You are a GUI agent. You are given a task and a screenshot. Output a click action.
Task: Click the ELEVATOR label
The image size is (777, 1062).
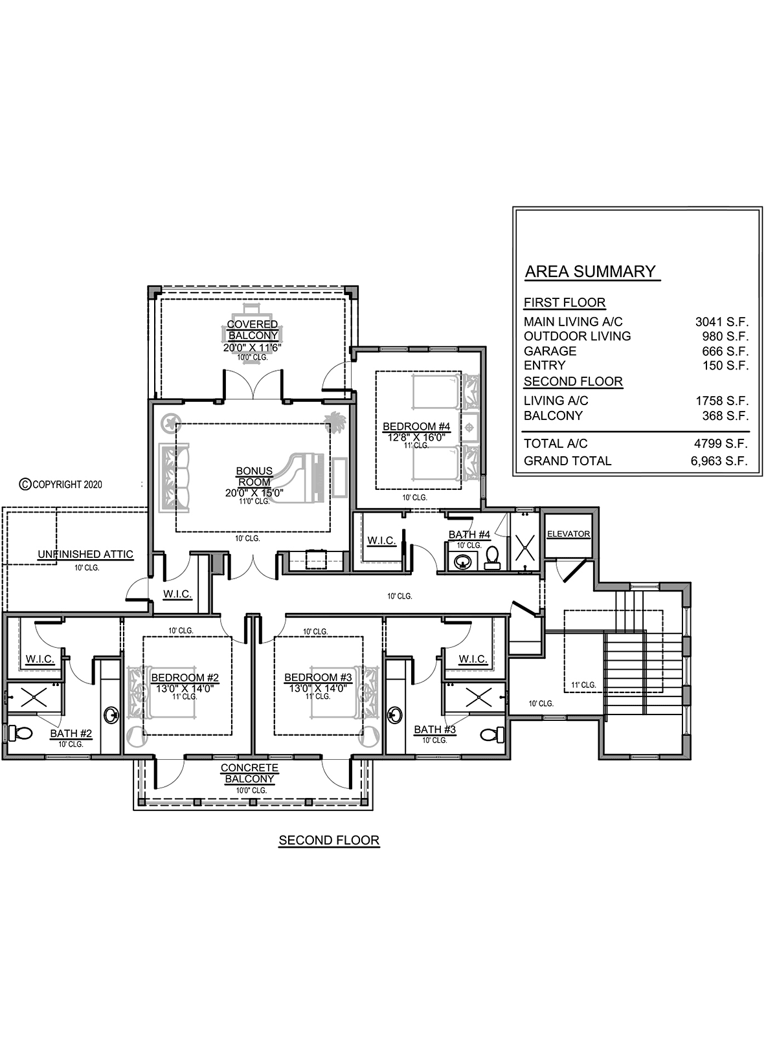(569, 534)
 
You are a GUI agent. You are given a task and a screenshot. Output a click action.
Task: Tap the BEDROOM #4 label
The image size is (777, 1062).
(416, 426)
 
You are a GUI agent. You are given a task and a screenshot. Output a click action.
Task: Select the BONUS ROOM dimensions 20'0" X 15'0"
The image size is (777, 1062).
(254, 492)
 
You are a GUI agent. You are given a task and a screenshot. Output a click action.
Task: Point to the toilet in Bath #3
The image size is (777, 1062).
(492, 734)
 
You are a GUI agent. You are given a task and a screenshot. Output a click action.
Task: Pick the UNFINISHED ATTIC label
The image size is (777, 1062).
(85, 554)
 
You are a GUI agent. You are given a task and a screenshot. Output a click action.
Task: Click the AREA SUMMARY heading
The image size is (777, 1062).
(590, 271)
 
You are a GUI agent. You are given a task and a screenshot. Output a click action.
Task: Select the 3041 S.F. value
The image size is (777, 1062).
(721, 322)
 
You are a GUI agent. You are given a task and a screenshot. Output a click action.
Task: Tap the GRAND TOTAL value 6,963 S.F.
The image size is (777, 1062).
(719, 460)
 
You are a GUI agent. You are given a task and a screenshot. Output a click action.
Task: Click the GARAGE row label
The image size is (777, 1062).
(550, 351)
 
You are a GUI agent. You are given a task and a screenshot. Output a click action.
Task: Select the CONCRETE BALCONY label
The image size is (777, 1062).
(249, 773)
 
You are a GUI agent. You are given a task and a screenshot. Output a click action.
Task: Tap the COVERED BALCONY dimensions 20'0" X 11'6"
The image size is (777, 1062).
(253, 348)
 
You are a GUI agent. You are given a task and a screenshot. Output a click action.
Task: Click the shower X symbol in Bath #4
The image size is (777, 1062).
(525, 548)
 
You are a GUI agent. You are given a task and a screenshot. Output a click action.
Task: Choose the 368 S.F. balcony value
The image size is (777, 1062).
(725, 415)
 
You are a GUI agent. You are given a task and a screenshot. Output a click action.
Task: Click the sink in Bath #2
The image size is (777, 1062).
(111, 714)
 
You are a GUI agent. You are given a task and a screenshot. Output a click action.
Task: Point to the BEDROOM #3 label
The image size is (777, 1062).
(318, 678)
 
